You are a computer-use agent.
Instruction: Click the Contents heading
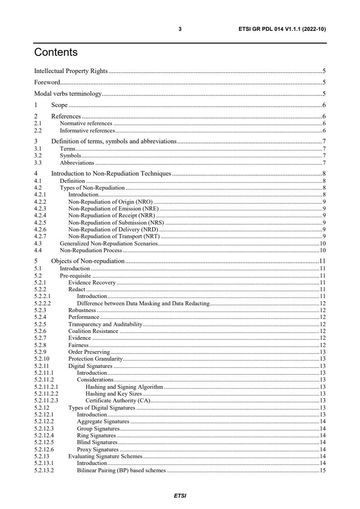pyautogui.click(x=56, y=53)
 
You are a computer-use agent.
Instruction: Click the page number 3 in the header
pyautogui.click(x=180, y=29)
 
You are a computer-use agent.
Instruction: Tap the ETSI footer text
pyautogui.click(x=180, y=496)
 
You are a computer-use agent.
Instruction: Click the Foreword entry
pyautogui.click(x=47, y=83)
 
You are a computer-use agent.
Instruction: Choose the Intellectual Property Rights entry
pyautogui.click(x=71, y=71)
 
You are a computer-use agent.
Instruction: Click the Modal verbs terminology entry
pyautogui.click(x=68, y=94)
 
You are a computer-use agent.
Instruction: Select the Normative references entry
pyautogui.click(x=86, y=123)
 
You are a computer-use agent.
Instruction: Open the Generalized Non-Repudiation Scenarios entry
pyautogui.click(x=109, y=244)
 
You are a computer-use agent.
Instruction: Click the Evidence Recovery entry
pyautogui.click(x=92, y=283)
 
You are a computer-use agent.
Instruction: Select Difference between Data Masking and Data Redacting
pyautogui.click(x=143, y=303)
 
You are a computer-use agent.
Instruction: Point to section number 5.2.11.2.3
pyautogui.click(x=45, y=401)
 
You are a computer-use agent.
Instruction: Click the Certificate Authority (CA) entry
pyautogui.click(x=118, y=401)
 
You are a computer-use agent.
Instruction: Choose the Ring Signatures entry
pyautogui.click(x=96, y=436)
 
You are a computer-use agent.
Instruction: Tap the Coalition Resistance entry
pyautogui.click(x=93, y=331)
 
